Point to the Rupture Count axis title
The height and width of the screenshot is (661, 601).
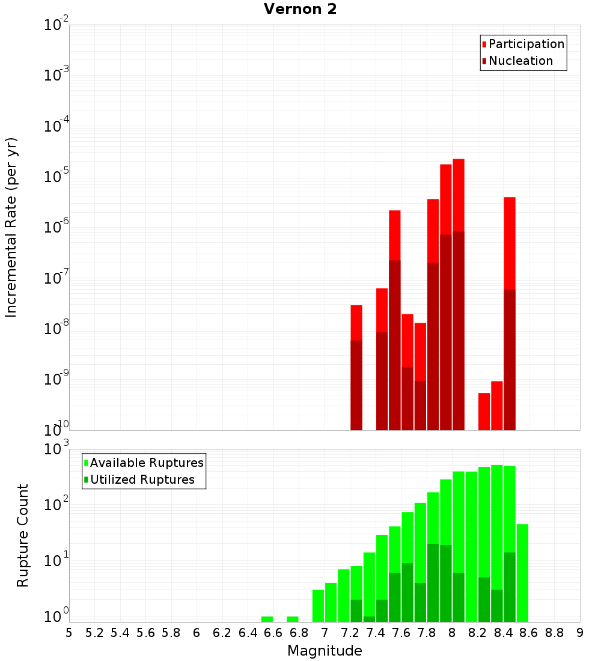click(23, 535)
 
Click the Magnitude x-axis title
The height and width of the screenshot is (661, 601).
click(325, 650)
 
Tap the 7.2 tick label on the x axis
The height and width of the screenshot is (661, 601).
click(350, 633)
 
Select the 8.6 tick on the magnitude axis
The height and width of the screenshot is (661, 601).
click(529, 633)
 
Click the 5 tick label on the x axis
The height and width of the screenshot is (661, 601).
click(69, 633)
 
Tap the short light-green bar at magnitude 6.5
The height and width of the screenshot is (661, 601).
click(267, 619)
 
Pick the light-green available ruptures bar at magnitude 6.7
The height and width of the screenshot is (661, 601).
click(293, 619)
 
